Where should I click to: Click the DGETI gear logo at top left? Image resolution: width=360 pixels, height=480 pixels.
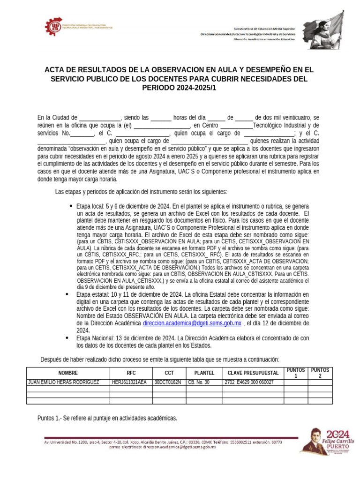(x=53, y=27)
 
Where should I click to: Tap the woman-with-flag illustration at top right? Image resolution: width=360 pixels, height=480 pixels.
(x=323, y=29)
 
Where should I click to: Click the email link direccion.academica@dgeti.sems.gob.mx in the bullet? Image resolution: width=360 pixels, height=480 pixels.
(x=192, y=323)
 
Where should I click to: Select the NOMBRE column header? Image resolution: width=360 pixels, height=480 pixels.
(x=68, y=373)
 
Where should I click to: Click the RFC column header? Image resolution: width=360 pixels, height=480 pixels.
(x=131, y=373)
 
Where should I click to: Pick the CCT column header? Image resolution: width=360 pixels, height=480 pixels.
(x=169, y=373)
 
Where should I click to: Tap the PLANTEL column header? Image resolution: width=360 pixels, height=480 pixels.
(x=204, y=373)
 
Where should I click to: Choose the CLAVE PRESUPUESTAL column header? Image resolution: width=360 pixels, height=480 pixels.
(x=253, y=373)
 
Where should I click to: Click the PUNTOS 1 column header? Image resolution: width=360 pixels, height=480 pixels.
(x=296, y=373)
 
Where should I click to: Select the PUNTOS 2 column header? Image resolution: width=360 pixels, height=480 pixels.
(x=320, y=373)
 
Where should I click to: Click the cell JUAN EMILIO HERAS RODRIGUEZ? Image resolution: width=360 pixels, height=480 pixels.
(x=64, y=382)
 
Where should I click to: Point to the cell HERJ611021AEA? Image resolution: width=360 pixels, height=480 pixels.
(x=129, y=382)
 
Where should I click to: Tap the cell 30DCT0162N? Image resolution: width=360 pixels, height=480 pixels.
(x=168, y=382)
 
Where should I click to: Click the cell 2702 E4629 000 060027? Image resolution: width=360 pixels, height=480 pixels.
(x=249, y=382)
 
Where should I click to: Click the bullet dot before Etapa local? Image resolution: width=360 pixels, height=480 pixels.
(x=71, y=206)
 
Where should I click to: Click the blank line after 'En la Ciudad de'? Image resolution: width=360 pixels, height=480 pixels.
(x=100, y=118)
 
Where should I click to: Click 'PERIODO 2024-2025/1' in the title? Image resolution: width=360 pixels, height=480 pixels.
(x=180, y=88)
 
